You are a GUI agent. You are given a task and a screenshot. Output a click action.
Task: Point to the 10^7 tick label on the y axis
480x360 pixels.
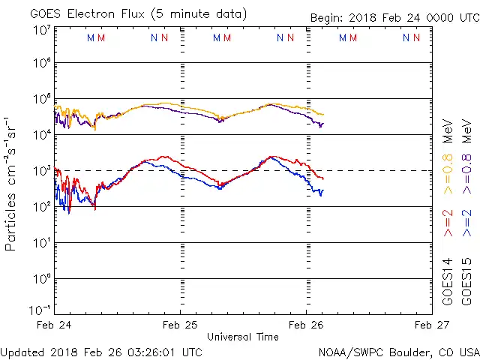(41, 29)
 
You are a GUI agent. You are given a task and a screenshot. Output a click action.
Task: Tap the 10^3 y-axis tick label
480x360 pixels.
(41, 172)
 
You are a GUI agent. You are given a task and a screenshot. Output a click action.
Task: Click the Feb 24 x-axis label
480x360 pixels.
(54, 325)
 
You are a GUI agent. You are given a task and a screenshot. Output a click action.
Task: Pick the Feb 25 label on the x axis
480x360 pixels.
(180, 325)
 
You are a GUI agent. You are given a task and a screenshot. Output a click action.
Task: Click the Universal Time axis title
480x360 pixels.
(243, 337)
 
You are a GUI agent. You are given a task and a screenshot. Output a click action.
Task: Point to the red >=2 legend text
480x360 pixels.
(448, 223)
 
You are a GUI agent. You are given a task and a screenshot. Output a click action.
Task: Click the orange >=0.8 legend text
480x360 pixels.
(448, 173)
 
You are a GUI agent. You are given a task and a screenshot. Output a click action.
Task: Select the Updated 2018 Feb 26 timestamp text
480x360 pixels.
(102, 352)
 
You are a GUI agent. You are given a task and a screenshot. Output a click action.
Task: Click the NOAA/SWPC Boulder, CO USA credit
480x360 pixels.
(398, 352)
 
